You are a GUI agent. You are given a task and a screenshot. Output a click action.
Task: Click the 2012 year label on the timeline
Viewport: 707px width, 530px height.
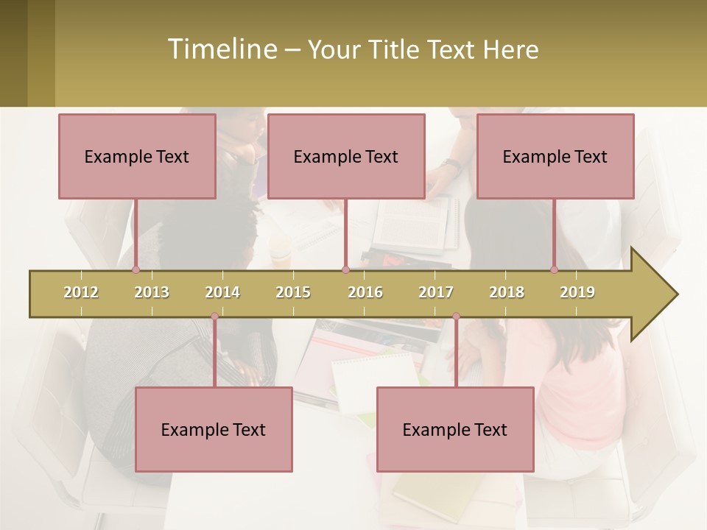(81, 292)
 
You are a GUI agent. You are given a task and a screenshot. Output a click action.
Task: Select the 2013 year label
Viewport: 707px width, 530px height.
(152, 292)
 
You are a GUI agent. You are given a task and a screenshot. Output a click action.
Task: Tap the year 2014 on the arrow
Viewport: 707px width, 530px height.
(222, 292)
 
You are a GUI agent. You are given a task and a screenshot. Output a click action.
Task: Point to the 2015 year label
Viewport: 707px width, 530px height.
(293, 292)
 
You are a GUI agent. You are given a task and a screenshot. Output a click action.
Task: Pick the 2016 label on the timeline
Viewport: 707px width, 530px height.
(365, 292)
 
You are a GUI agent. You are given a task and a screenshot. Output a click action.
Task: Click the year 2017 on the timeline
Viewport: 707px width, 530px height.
(436, 292)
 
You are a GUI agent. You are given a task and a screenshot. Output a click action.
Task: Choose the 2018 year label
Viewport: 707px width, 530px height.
(507, 292)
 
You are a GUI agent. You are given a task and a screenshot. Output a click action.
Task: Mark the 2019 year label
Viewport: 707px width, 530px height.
(577, 292)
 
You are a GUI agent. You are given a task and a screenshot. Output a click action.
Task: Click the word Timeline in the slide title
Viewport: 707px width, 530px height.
(221, 49)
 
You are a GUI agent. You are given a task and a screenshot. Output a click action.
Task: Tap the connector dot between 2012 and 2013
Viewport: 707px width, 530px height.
(136, 270)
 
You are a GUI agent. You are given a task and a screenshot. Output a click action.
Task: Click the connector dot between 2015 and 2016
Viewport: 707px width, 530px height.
(345, 270)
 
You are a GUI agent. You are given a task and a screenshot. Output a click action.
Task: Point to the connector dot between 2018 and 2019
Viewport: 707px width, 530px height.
(555, 270)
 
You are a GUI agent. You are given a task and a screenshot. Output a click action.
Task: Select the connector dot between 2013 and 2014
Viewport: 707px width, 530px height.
(214, 317)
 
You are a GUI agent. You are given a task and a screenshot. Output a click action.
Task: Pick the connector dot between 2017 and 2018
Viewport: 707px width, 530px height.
(456, 317)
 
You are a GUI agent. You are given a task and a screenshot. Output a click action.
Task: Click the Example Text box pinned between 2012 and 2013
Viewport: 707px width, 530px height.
(137, 156)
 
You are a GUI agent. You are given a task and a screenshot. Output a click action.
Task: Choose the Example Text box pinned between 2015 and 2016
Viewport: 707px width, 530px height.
(346, 156)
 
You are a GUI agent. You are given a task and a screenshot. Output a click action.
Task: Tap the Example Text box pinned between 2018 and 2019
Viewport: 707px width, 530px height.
(555, 156)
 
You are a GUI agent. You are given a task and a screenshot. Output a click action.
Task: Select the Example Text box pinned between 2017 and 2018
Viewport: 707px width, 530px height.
(455, 429)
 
